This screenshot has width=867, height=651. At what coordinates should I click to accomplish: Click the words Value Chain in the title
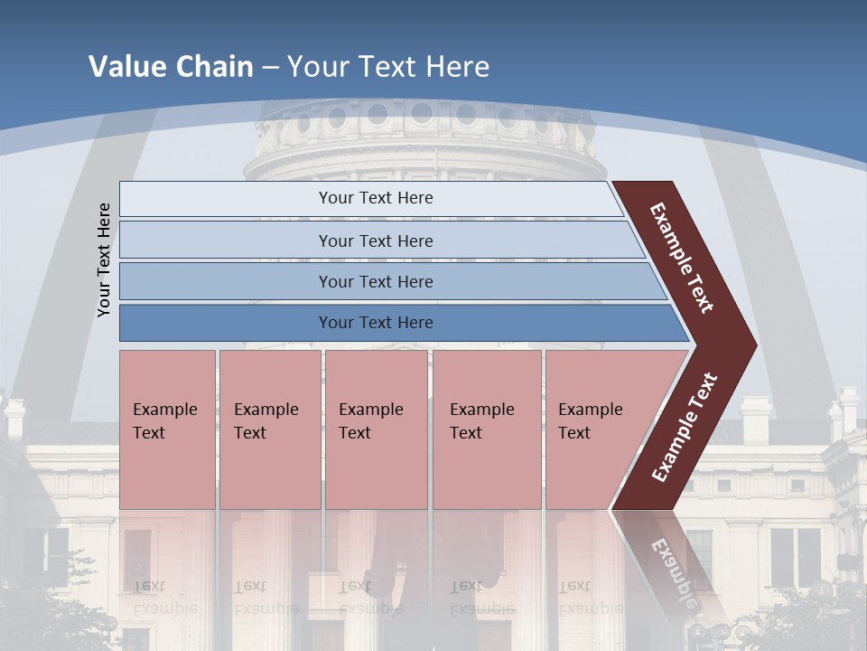click(x=171, y=66)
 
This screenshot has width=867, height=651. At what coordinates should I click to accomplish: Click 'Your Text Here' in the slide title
click(x=388, y=66)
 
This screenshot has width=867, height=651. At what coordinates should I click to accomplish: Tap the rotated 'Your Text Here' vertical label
click(x=104, y=259)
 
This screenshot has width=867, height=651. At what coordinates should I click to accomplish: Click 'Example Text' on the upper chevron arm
click(x=683, y=258)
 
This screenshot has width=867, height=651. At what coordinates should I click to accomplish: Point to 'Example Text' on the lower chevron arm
click(x=685, y=427)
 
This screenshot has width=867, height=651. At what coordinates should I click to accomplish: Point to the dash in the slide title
click(x=270, y=67)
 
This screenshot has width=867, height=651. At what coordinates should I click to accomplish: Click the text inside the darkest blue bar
click(x=376, y=323)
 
